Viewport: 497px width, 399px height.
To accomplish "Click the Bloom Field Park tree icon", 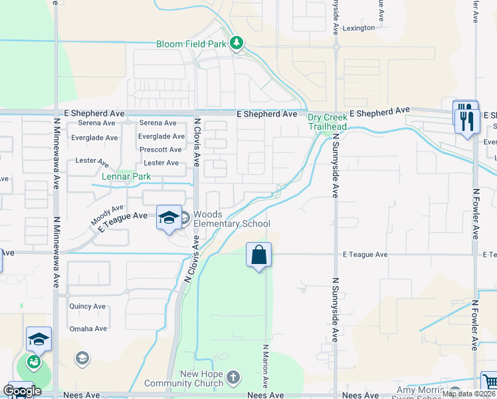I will pyautogui.click(x=237, y=44).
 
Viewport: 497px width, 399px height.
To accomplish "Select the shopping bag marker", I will pyautogui.click(x=258, y=255).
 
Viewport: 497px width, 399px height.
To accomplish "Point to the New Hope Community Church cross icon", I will pyautogui.click(x=233, y=378).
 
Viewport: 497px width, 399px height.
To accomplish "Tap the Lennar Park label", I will pyautogui.click(x=126, y=176).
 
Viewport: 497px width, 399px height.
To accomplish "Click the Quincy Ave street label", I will pyautogui.click(x=88, y=307).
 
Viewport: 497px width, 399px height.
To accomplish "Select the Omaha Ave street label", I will pyautogui.click(x=88, y=329).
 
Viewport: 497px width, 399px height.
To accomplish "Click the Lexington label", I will pyautogui.click(x=359, y=28).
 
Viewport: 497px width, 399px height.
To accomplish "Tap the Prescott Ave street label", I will pyautogui.click(x=160, y=150).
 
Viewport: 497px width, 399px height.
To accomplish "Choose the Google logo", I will pyautogui.click(x=22, y=391).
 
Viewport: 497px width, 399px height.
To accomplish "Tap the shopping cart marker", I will pyautogui.click(x=489, y=382).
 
